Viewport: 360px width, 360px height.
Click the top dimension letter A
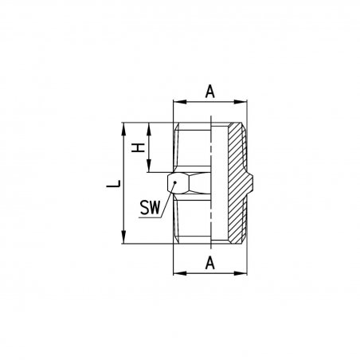point(209,92)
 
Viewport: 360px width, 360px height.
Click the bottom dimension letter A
point(209,264)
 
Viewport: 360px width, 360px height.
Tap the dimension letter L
point(114,184)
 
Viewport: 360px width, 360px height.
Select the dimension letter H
point(138,147)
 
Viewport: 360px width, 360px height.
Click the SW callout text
point(150,208)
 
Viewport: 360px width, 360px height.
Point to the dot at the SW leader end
point(175,182)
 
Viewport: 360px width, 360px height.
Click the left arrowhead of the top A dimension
point(180,102)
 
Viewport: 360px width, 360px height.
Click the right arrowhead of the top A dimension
point(241,102)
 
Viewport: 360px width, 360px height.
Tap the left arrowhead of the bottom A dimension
point(180,273)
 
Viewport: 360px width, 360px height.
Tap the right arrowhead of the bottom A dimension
point(241,273)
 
